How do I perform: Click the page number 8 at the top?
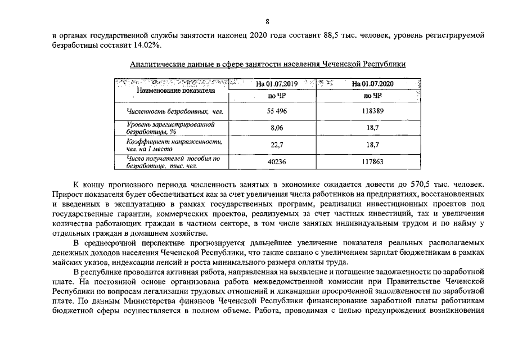point(267,21)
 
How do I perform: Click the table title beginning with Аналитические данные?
point(268,64)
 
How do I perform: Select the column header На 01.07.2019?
point(277,84)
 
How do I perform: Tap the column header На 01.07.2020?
point(372,84)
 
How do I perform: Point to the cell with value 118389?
point(372,111)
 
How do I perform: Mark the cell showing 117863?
point(372,161)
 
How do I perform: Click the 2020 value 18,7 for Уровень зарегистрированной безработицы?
point(372,128)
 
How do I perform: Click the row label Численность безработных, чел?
point(175,112)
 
